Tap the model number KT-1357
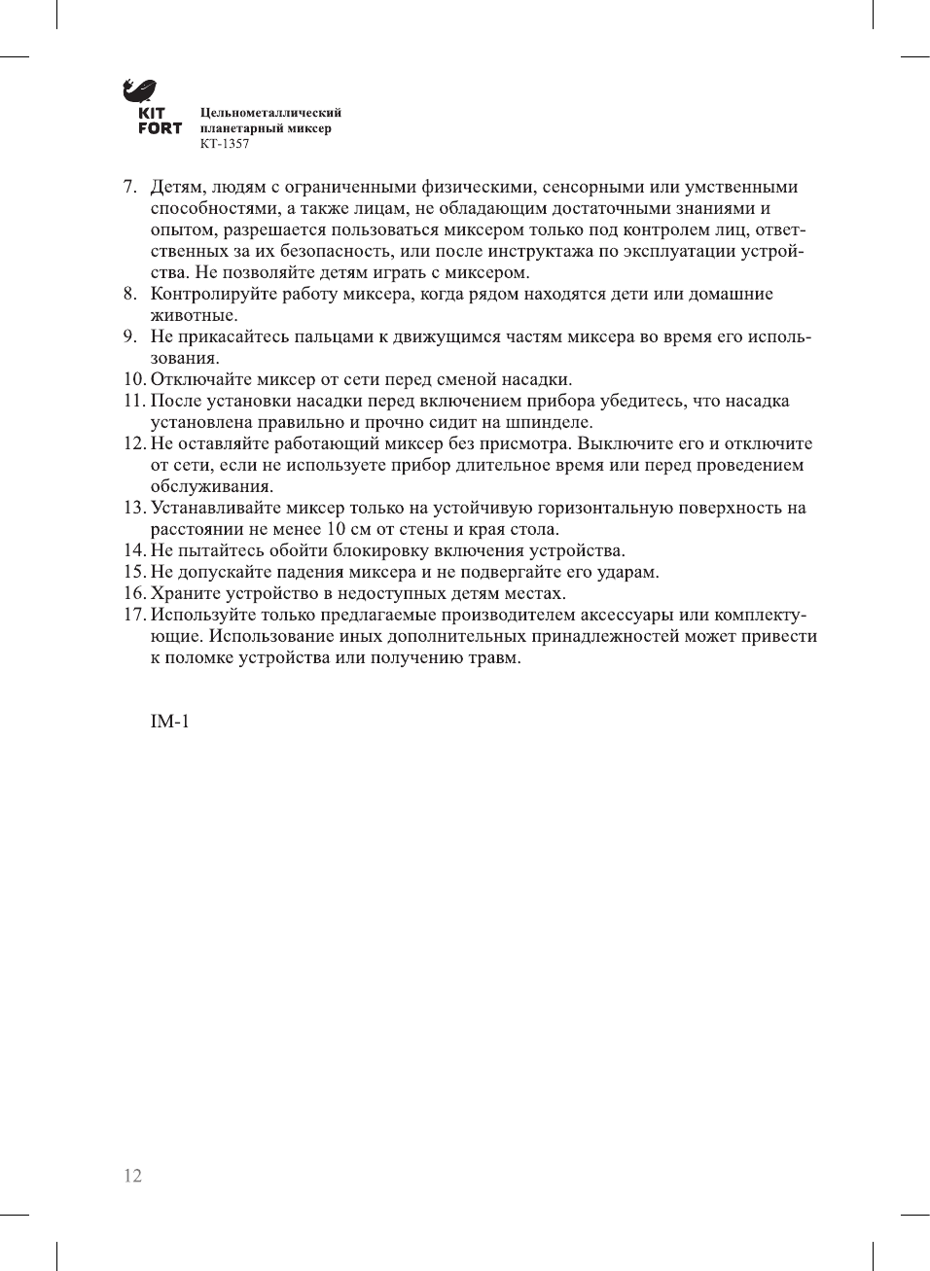[x=225, y=144]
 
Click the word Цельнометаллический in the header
[x=270, y=113]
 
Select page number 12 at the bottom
[x=132, y=1176]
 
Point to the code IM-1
[x=169, y=722]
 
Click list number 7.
[x=128, y=188]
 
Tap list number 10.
[x=133, y=380]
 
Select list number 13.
[x=133, y=509]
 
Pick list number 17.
[x=133, y=616]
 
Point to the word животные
[x=193, y=316]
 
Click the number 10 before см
[x=336, y=530]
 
